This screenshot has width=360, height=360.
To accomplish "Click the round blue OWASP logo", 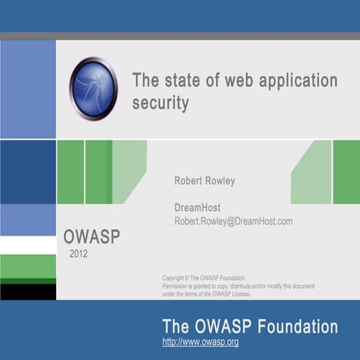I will [93, 88].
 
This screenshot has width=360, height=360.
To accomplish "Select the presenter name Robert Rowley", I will [204, 181].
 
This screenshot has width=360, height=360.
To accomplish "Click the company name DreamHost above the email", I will [197, 207].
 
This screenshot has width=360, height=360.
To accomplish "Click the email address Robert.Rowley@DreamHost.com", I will [233, 221].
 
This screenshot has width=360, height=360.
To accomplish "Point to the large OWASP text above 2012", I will [91, 236].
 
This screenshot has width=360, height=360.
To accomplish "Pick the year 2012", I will [79, 253].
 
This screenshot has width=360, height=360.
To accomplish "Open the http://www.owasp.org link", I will [200, 342].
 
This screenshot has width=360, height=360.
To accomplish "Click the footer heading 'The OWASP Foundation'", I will [250, 326].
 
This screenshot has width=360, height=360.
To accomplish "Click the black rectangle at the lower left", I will [28, 291].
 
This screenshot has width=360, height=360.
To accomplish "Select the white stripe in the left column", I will [28, 244].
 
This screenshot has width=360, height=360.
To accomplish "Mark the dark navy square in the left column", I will [28, 172].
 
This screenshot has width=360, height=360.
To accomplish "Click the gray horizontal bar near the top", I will [180, 35].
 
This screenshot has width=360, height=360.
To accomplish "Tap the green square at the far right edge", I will [346, 172].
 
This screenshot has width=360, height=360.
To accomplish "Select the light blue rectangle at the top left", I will [28, 88].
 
